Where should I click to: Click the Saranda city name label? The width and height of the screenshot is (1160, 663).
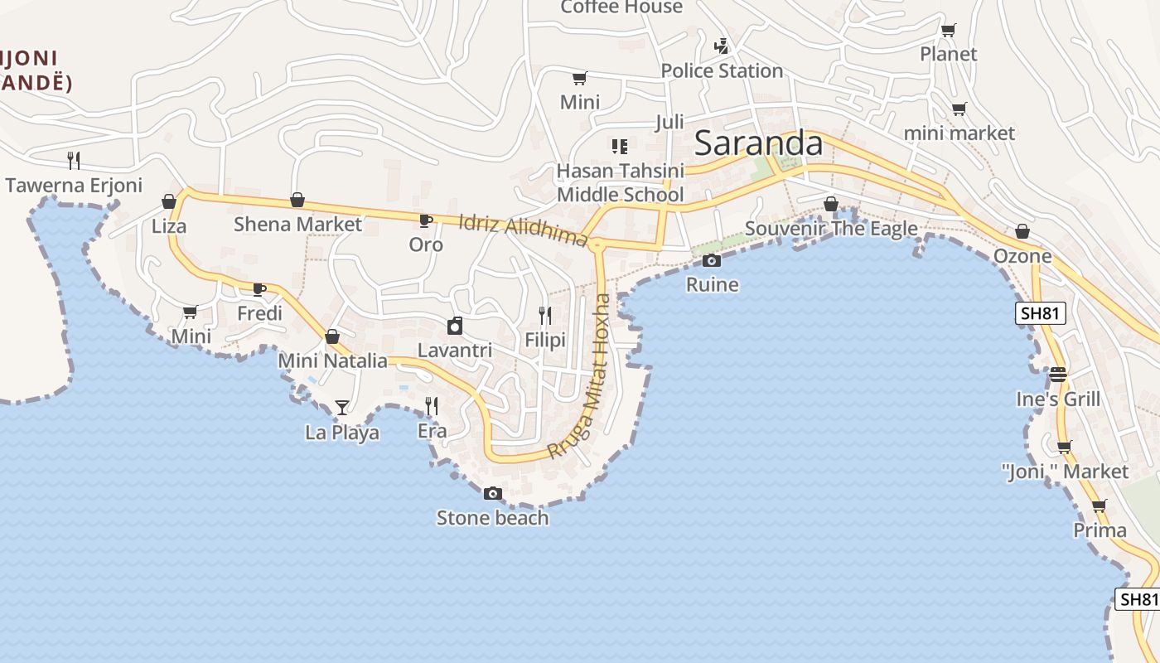click(758, 143)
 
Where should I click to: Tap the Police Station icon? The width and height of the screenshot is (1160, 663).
click(722, 46)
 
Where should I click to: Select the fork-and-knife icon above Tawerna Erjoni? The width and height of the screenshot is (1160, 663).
click(74, 160)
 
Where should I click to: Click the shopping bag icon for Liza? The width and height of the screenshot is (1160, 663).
click(169, 201)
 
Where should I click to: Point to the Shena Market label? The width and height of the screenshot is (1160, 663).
click(297, 224)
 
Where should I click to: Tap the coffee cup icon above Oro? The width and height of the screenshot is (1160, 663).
click(425, 220)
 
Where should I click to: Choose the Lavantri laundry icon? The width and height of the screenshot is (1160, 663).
click(454, 326)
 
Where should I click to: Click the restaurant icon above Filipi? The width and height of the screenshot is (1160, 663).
click(544, 315)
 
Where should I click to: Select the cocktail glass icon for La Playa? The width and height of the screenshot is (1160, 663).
click(341, 407)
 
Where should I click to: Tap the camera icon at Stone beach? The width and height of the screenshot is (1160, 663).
click(492, 494)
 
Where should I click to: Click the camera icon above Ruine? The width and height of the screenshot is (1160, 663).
click(711, 260)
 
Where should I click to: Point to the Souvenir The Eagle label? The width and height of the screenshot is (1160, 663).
click(831, 229)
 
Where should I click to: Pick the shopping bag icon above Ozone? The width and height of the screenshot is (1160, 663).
click(1022, 231)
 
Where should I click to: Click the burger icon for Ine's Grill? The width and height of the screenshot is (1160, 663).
click(1057, 375)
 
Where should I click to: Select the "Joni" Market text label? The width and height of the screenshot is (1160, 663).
click(1065, 472)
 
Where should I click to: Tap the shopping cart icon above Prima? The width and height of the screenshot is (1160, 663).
click(1099, 506)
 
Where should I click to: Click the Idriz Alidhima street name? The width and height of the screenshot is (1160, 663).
click(523, 230)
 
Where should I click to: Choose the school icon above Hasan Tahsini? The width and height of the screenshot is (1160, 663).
click(620, 147)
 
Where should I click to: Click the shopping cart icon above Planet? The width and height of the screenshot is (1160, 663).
click(948, 31)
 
